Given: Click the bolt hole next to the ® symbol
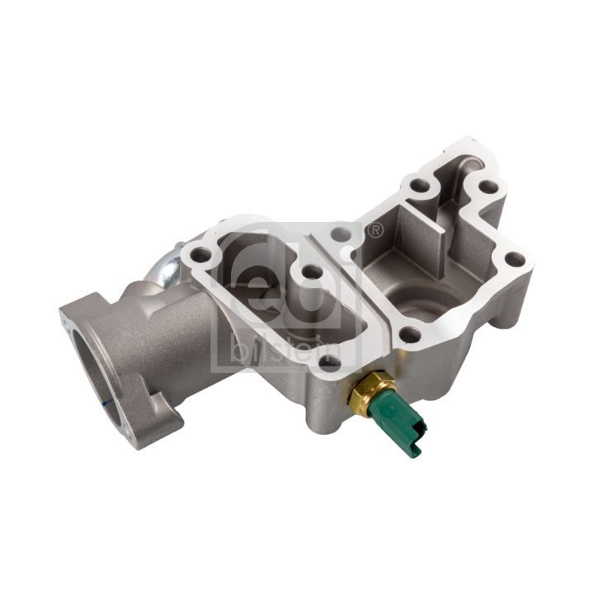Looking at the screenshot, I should click(x=340, y=235).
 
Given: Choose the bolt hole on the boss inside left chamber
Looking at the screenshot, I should click(x=310, y=271).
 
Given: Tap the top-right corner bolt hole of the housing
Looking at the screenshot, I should click(x=489, y=187).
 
